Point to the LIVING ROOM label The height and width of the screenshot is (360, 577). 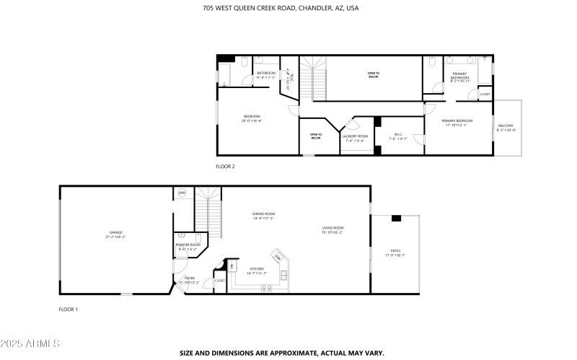point(332,230)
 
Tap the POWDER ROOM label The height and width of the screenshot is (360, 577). point(188,247)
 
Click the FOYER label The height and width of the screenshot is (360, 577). point(189,279)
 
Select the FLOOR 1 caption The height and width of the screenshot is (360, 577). point(69,309)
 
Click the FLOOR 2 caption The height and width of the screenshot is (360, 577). point(226,166)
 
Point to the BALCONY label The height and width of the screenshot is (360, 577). point(506,128)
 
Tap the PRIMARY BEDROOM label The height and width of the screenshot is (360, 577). point(457,123)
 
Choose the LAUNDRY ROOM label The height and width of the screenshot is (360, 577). point(355,138)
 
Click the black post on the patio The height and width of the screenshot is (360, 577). point(396,218)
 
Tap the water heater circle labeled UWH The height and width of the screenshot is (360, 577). point(182,193)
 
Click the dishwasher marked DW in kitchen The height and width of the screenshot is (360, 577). point(278,257)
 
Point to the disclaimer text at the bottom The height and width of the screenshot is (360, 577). point(282,353)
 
